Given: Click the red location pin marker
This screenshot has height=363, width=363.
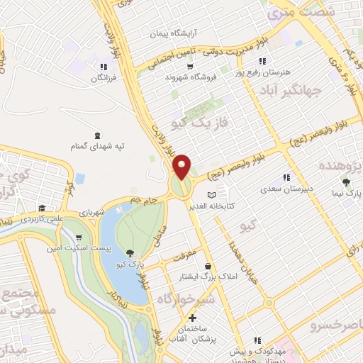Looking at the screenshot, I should tap(182, 166).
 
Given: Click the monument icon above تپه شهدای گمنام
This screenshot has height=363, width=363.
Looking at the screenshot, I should tap(97, 135).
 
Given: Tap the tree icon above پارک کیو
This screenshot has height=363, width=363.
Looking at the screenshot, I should tap(129, 252).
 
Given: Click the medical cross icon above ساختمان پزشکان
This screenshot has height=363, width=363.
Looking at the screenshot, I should tap(192, 317).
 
